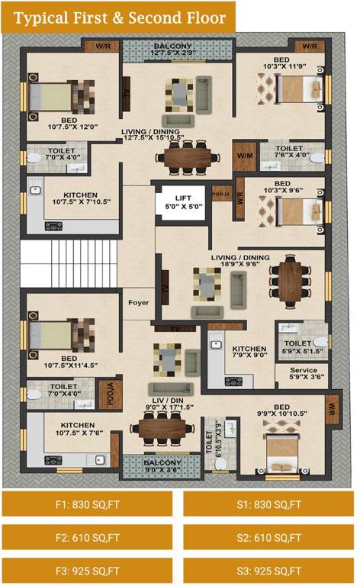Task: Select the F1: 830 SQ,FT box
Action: pos(88,504)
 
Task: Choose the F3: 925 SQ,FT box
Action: pos(88,570)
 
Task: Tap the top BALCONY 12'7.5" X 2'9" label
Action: pos(178,50)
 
